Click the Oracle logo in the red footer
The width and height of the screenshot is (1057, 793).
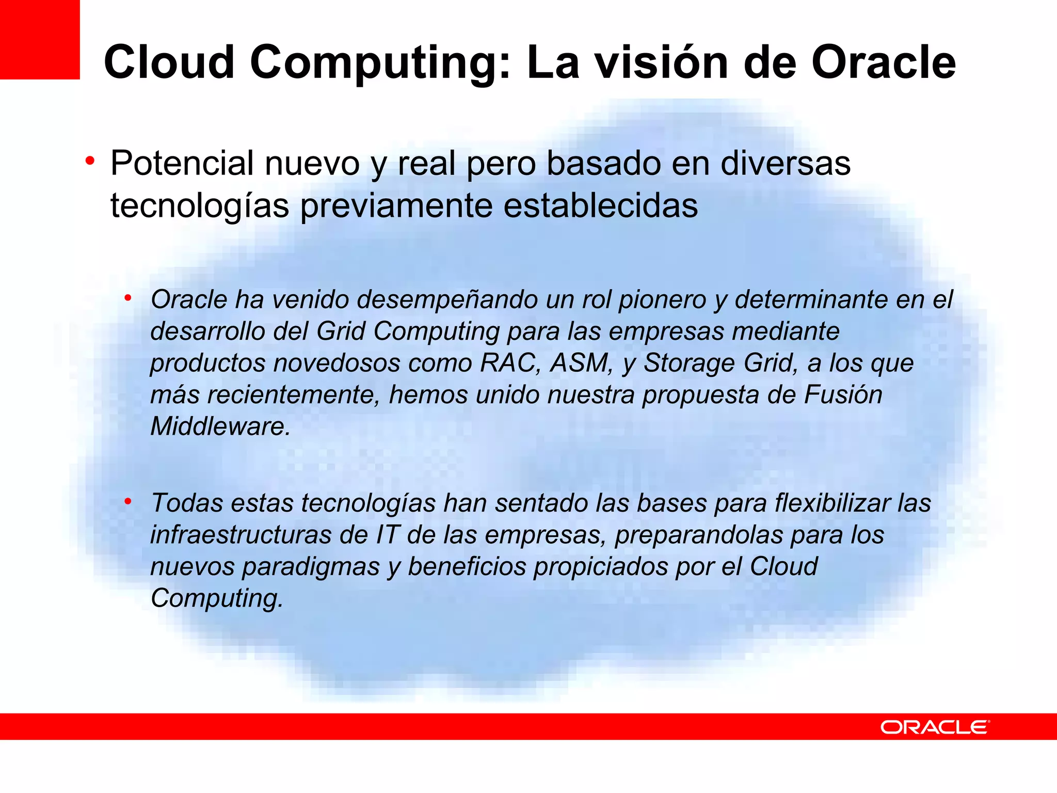click(x=935, y=727)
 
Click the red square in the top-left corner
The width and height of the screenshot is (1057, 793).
click(x=40, y=39)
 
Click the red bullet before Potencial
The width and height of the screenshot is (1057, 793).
click(x=90, y=161)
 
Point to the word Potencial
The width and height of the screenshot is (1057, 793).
click(x=182, y=163)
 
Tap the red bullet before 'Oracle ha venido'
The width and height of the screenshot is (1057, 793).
click(x=128, y=298)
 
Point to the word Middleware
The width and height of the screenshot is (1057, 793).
click(x=220, y=426)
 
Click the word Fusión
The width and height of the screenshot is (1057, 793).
click(x=843, y=394)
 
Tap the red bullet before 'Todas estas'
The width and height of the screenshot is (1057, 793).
click(x=128, y=501)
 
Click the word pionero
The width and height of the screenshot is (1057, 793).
click(x=662, y=299)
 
